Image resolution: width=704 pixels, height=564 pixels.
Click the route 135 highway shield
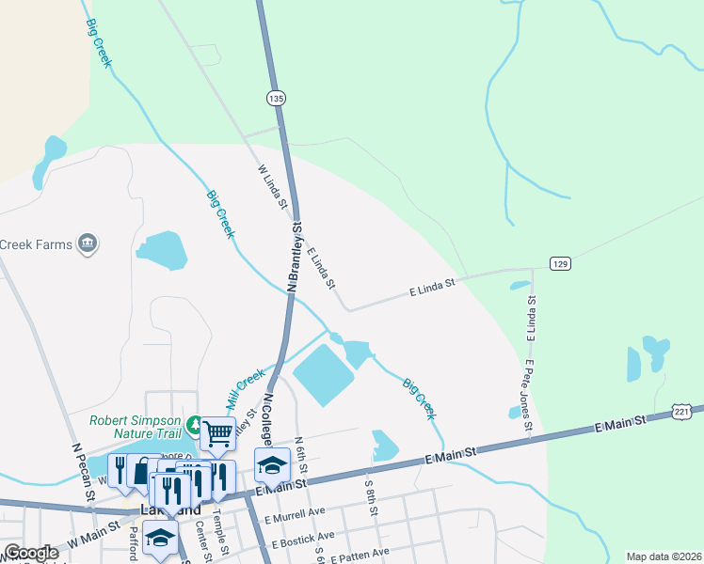point(276,98)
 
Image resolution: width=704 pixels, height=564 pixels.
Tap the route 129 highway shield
point(561,265)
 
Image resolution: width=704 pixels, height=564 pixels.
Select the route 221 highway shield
point(683,412)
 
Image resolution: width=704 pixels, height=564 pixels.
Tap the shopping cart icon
point(217,434)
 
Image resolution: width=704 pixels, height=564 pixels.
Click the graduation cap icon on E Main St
point(271,464)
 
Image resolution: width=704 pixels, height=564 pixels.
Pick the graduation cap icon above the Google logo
point(160,537)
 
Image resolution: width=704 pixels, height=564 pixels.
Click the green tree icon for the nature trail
point(195,425)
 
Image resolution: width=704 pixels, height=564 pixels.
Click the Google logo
point(31,553)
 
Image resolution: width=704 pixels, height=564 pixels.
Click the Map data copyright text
point(664,556)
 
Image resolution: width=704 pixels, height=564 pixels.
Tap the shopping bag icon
point(141,471)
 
